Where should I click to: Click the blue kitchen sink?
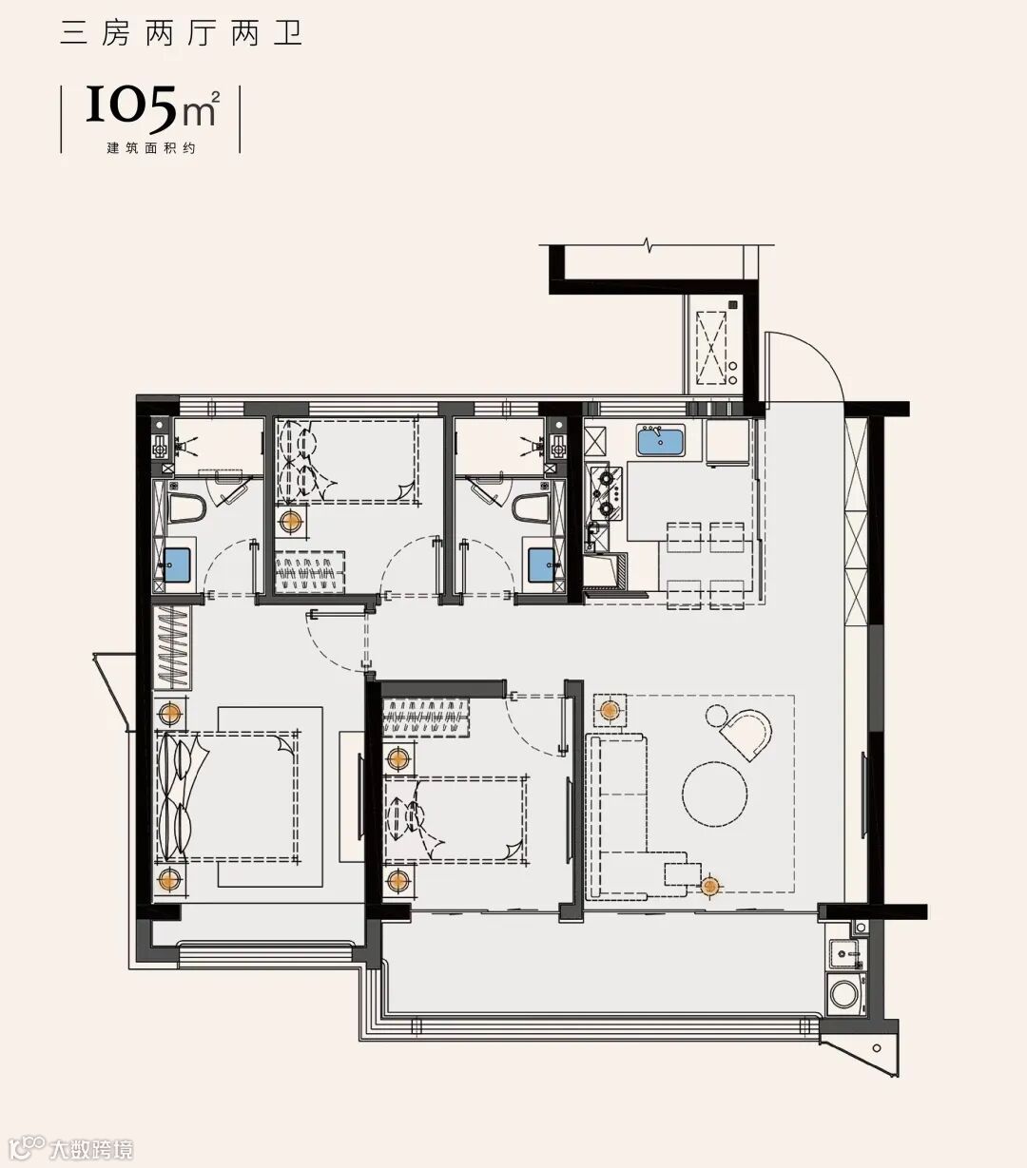point(661,441)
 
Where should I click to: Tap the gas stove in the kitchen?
point(606,492)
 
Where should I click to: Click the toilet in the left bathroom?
point(187,507)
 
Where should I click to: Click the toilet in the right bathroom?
point(532,507)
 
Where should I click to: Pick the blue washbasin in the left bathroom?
point(177,565)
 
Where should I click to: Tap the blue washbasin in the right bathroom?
point(542,565)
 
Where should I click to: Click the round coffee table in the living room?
point(715,795)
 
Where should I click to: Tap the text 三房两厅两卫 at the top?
point(182,34)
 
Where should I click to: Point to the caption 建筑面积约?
point(151,148)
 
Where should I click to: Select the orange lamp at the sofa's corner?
point(711,886)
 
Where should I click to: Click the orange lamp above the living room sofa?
point(610,710)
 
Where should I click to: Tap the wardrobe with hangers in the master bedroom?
point(172,647)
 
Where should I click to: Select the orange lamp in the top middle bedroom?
point(291,522)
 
